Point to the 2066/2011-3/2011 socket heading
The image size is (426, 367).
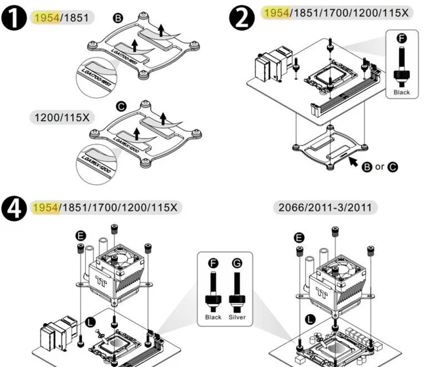(325, 208)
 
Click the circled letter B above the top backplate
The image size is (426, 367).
(118, 18)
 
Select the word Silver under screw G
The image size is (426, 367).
(237, 317)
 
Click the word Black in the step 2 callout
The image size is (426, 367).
(401, 92)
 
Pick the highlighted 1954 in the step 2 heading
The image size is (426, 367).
(275, 13)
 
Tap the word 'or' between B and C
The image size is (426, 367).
(379, 166)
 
